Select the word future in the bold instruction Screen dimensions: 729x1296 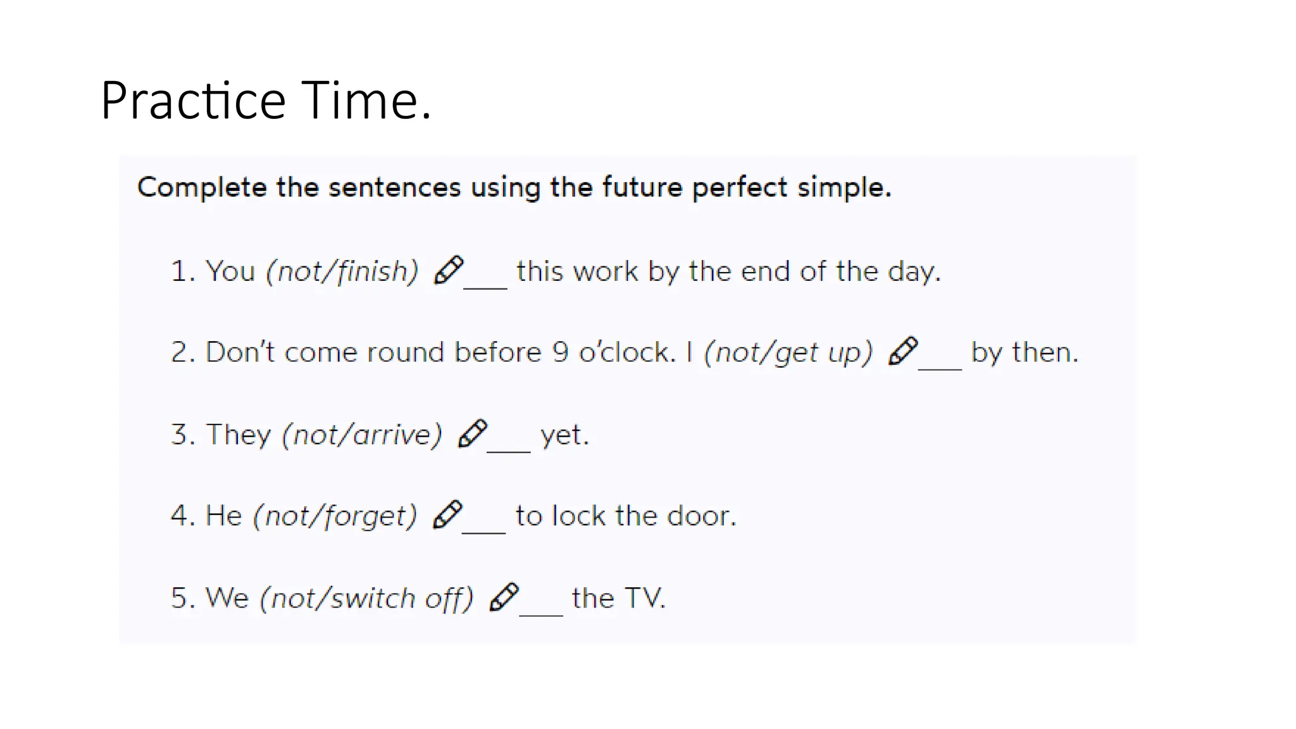click(x=642, y=187)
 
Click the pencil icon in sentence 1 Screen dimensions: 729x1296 click(x=449, y=270)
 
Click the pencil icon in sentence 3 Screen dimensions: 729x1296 click(x=473, y=433)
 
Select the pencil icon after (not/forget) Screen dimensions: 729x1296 click(x=447, y=514)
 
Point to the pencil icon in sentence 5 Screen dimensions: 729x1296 click(x=504, y=597)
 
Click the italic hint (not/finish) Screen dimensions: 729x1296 click(x=342, y=271)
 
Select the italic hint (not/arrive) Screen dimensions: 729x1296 click(x=362, y=435)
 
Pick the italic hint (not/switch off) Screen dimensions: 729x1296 click(x=366, y=598)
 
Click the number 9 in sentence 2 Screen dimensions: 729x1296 click(x=560, y=352)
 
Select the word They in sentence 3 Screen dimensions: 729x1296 click(x=239, y=435)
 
